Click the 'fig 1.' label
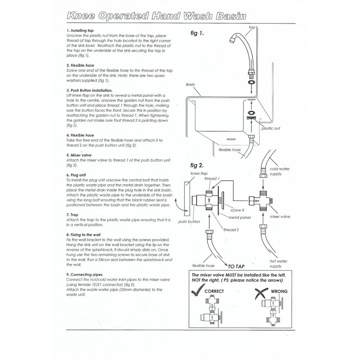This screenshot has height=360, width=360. pyautogui.click(x=197, y=33)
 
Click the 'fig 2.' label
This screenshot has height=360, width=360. pyautogui.click(x=197, y=166)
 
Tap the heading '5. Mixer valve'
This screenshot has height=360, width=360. pyautogui.click(x=79, y=155)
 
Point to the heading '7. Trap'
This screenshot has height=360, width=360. pyautogui.click(x=72, y=215)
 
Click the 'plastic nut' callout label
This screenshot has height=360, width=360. pyautogui.click(x=271, y=128)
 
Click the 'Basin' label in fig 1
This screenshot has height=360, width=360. pyautogui.click(x=190, y=85)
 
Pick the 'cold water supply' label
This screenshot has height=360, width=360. pyautogui.click(x=279, y=171)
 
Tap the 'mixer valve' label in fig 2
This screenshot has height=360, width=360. pyautogui.click(x=280, y=217)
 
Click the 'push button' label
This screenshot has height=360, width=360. pyautogui.click(x=189, y=222)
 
